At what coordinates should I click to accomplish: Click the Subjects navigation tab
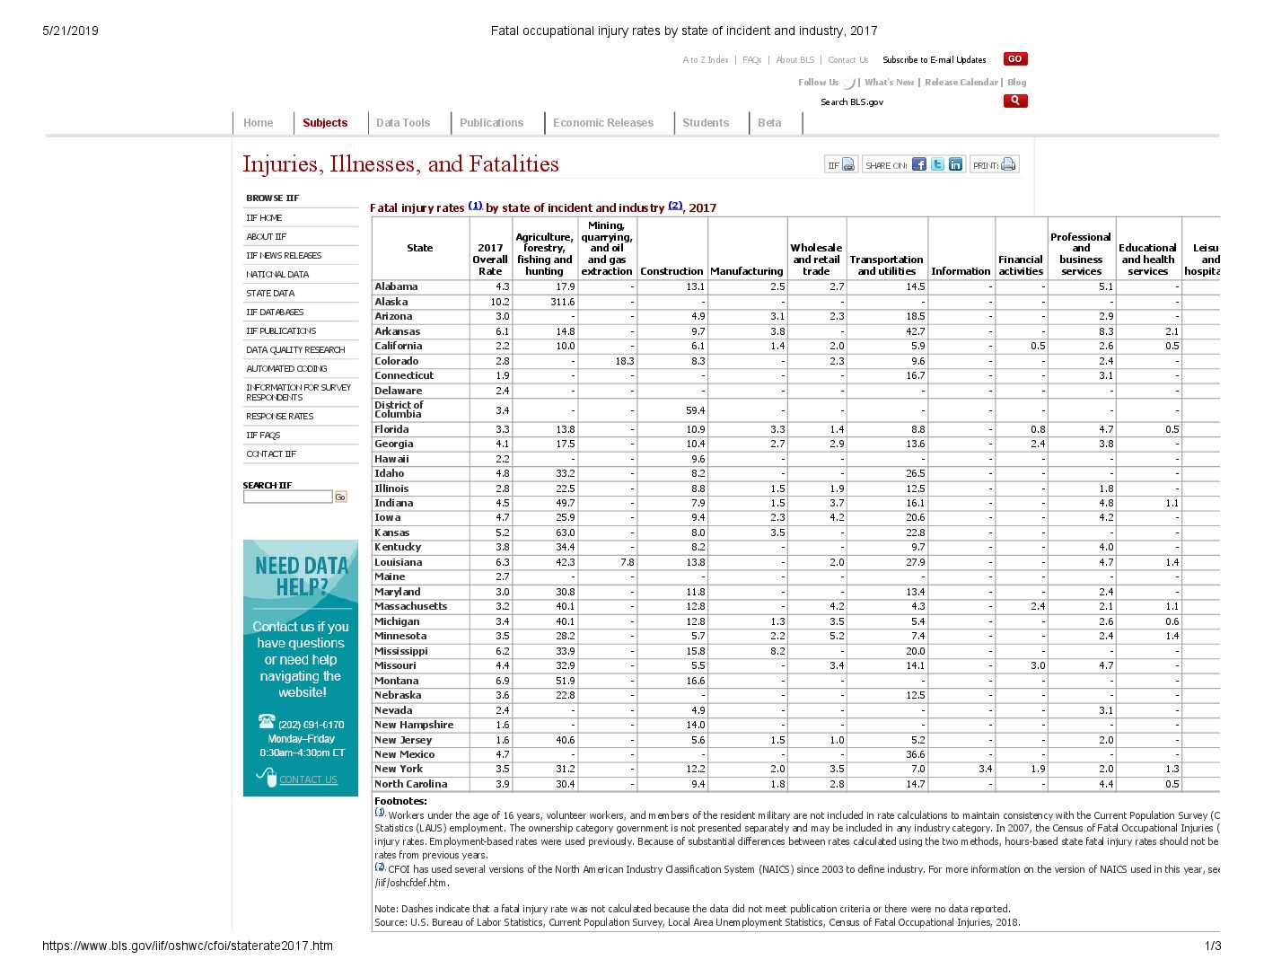(x=324, y=123)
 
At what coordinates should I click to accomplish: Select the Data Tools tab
(x=403, y=123)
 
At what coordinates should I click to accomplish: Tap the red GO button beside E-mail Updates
(x=1014, y=59)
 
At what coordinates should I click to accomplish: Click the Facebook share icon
(x=919, y=164)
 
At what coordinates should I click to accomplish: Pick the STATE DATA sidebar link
(x=270, y=294)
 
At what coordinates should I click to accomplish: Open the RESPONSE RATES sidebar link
(x=280, y=417)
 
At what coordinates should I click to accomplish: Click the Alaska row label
(x=391, y=302)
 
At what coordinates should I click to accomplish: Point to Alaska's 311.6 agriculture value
(x=562, y=302)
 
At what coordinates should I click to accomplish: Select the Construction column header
(x=671, y=271)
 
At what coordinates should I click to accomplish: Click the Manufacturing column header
(x=747, y=271)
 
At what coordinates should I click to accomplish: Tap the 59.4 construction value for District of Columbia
(x=695, y=410)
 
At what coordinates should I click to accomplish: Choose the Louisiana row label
(x=399, y=562)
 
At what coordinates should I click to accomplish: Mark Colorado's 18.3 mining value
(x=625, y=361)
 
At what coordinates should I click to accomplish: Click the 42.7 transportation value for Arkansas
(x=915, y=331)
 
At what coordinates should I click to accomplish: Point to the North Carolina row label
(x=410, y=784)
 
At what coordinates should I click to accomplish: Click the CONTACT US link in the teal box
(x=308, y=779)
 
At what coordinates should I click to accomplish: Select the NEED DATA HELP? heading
(x=301, y=577)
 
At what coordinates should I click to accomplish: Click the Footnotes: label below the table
(x=400, y=801)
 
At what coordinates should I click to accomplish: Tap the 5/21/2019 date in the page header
(x=70, y=31)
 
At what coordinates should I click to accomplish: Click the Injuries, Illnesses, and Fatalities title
(x=400, y=164)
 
